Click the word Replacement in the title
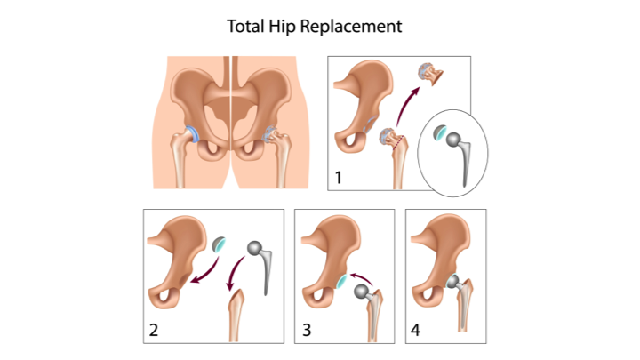click(351, 27)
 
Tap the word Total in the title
click(245, 26)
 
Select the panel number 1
click(338, 178)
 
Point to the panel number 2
click(154, 330)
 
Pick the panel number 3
click(307, 330)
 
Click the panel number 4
click(415, 330)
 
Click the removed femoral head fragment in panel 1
click(430, 74)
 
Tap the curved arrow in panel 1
click(405, 104)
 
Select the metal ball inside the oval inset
click(453, 140)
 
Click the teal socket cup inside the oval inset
click(440, 132)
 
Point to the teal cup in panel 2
click(220, 244)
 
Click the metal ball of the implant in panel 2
click(254, 248)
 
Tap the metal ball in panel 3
click(361, 292)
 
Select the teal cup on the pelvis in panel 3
click(341, 282)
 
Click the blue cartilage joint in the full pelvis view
click(192, 135)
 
